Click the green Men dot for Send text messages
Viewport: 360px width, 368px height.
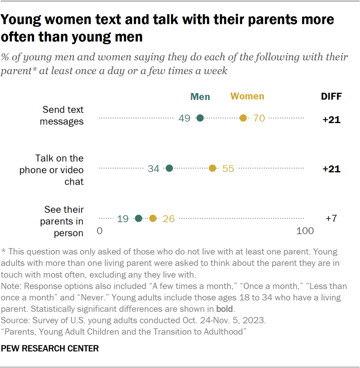(200, 118)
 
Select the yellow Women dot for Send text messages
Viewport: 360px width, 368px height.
(243, 118)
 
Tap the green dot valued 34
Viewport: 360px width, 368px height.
(169, 169)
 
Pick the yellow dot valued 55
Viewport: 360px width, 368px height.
(213, 169)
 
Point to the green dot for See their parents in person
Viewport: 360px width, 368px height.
(138, 218)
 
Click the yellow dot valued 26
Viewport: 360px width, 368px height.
(153, 218)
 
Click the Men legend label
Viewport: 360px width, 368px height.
(200, 97)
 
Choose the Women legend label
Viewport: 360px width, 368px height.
(247, 96)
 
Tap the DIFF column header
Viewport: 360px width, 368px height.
(331, 97)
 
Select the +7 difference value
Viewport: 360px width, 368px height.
(331, 218)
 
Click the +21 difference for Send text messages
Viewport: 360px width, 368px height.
(331, 120)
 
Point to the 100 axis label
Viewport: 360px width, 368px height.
(305, 231)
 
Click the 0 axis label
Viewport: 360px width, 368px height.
(99, 231)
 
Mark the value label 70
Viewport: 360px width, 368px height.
(259, 118)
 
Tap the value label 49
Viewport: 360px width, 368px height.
(185, 118)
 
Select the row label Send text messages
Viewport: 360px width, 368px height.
(62, 115)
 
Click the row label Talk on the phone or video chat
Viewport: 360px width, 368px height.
(51, 170)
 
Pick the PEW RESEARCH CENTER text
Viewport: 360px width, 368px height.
(50, 349)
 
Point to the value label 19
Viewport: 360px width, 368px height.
(123, 219)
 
